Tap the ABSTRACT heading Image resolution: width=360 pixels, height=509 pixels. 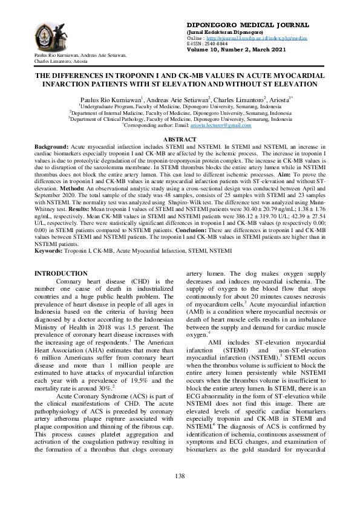click(180, 140)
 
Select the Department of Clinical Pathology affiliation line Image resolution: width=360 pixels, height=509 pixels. click(180, 119)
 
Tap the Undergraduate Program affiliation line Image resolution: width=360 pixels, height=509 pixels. click(180, 106)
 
